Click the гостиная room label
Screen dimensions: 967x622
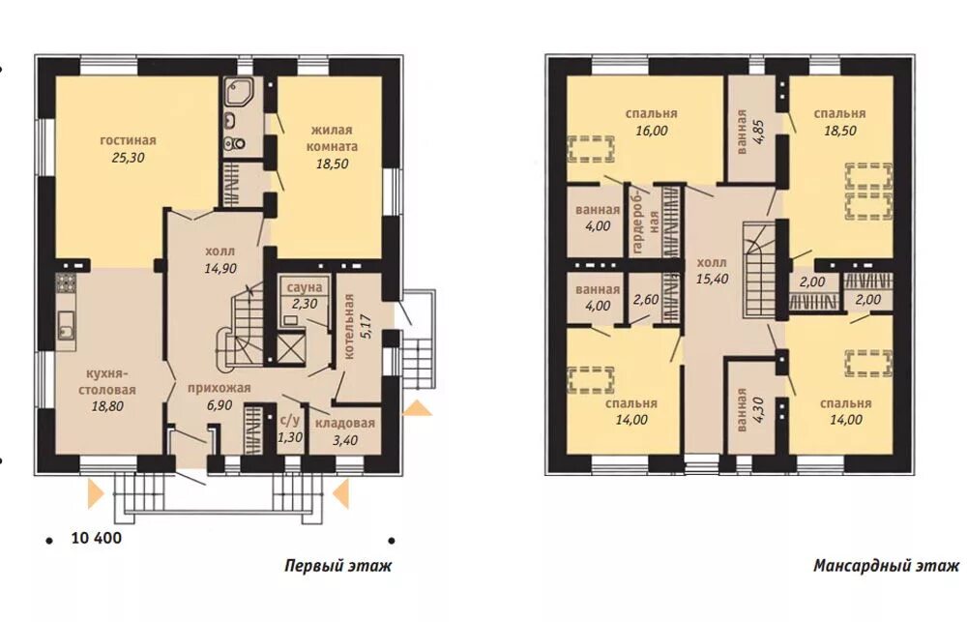tap(129, 140)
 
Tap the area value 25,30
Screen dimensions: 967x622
tap(129, 158)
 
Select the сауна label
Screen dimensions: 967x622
tap(305, 287)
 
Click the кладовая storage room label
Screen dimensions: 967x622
tap(345, 424)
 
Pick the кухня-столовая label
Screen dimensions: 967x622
tap(111, 382)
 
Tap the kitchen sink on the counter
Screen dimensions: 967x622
tap(66, 325)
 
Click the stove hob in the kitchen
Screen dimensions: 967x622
tap(66, 282)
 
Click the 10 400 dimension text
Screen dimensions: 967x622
tap(97, 538)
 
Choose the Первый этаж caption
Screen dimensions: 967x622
tap(337, 566)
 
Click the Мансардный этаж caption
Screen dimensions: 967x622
tap(886, 566)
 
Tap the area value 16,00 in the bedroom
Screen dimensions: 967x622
tap(651, 131)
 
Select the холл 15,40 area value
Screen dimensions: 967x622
tap(713, 279)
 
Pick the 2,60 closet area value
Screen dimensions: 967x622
tap(646, 300)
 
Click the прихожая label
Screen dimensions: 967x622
tap(219, 388)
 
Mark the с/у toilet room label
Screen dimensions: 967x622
tap(290, 421)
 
